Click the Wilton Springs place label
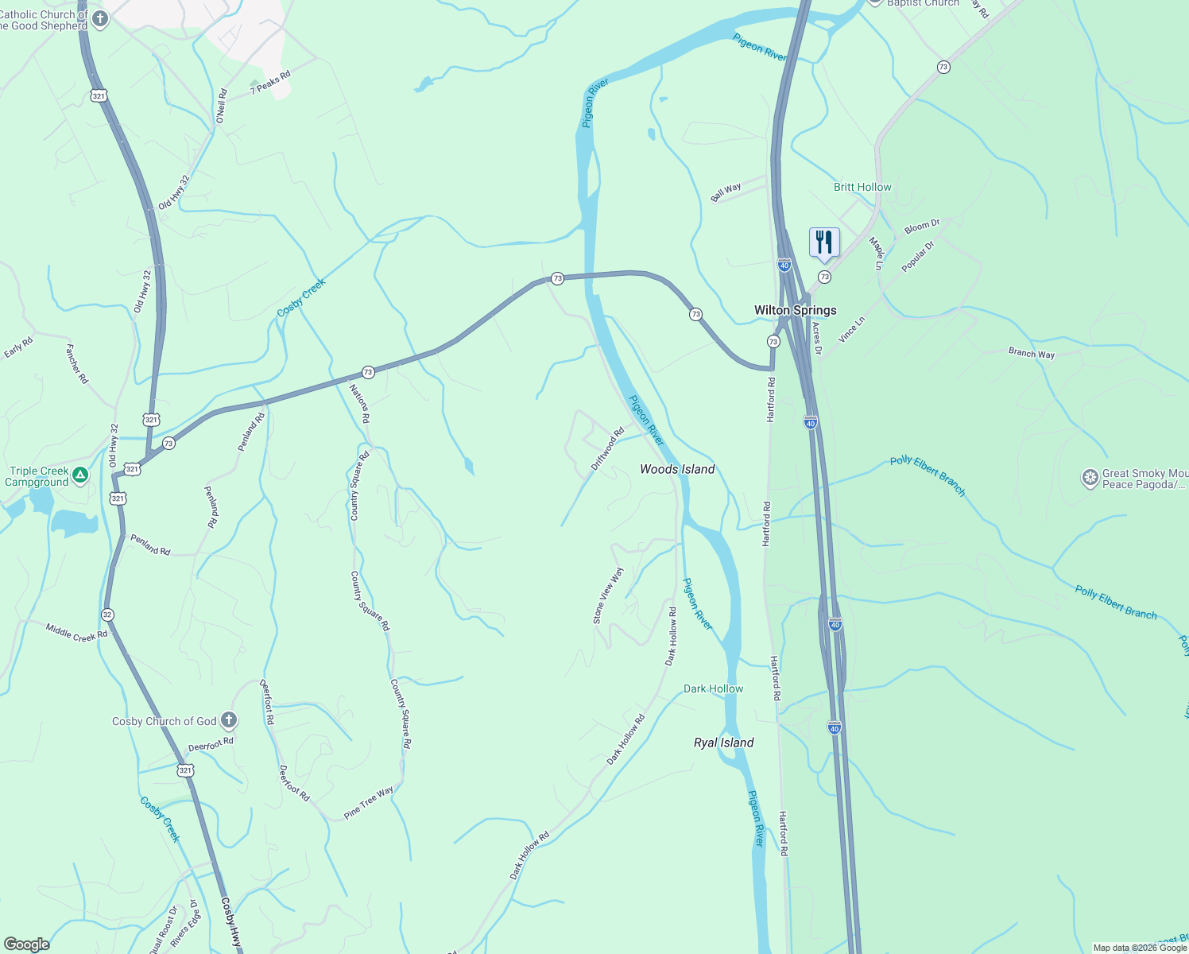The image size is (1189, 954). [x=795, y=310]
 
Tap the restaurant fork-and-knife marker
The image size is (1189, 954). [x=824, y=242]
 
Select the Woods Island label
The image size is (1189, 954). [x=677, y=469]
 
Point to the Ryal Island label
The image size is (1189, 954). [x=723, y=743]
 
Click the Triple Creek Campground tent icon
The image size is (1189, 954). [x=79, y=475]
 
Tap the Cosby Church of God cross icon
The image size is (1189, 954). [x=229, y=721]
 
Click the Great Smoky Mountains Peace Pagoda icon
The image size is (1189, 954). [x=1090, y=478]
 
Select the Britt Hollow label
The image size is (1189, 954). [x=862, y=187]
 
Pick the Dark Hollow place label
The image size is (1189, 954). [x=713, y=688]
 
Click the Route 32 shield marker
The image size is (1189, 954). [x=107, y=615]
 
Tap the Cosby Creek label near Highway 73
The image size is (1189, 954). [x=301, y=297]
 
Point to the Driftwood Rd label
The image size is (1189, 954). [x=607, y=450]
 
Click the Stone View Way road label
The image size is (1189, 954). [x=608, y=595]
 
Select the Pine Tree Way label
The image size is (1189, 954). [x=368, y=803]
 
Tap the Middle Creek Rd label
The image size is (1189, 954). [x=76, y=633]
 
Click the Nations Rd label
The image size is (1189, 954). [x=360, y=403]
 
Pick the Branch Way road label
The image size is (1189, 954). [x=1031, y=353]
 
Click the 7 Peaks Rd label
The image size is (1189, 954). [x=270, y=83]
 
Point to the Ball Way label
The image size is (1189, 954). [x=726, y=192]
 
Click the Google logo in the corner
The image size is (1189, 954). [x=27, y=944]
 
